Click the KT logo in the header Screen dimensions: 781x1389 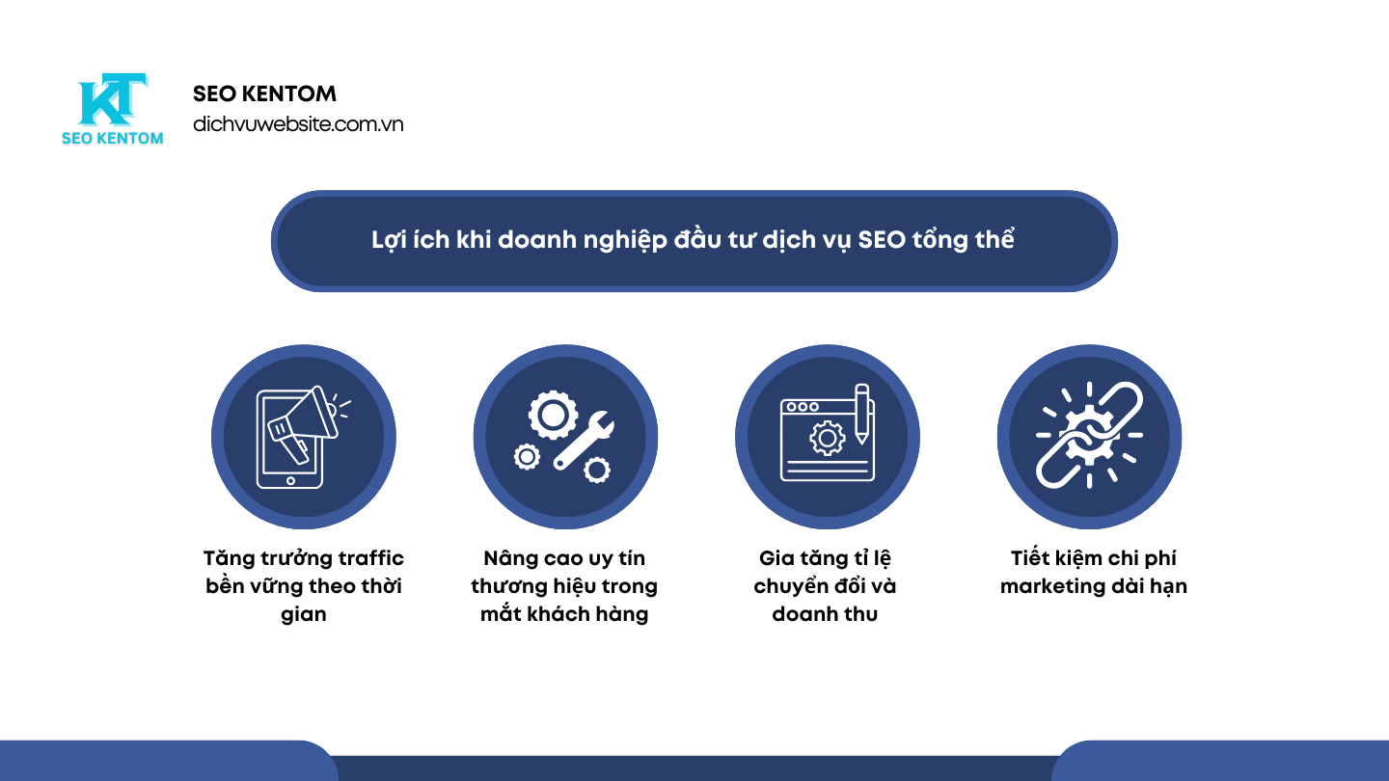[x=111, y=99]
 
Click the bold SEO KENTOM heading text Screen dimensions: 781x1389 [x=264, y=94]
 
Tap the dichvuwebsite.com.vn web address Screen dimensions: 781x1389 [x=298, y=124]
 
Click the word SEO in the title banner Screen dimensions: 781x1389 [x=882, y=240]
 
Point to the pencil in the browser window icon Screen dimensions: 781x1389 [x=861, y=413]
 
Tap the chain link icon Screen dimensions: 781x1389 [x=1089, y=436]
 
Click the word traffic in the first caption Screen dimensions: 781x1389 [x=371, y=558]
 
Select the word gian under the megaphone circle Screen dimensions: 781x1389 [x=304, y=614]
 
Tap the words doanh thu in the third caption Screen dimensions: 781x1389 [x=825, y=614]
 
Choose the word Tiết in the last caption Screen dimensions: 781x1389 [x=1031, y=558]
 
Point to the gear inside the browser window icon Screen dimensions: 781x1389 [x=827, y=439]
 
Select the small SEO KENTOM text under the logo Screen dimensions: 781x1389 [x=112, y=138]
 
